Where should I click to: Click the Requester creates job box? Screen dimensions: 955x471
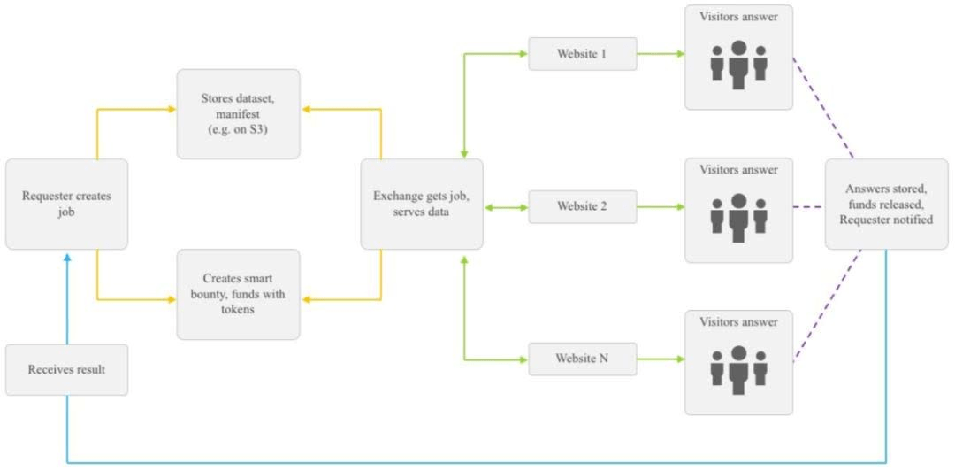coord(67,204)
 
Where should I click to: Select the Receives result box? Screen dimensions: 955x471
coord(67,370)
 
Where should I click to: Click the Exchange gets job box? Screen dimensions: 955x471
coord(422,204)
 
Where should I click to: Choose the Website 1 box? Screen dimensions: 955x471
coord(582,54)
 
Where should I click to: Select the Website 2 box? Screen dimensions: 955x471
coord(582,207)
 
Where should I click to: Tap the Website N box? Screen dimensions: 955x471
coord(582,359)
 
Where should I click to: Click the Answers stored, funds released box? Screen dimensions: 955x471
coord(886,204)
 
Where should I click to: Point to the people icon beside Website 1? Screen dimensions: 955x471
coord(738,65)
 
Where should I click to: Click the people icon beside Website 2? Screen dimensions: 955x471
coord(738,217)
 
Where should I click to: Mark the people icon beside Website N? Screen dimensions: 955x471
coord(738,370)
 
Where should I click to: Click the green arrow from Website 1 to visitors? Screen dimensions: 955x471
coord(661,54)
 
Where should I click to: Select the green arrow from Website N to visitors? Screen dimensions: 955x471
coord(661,359)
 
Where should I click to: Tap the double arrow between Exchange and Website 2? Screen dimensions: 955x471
coord(506,207)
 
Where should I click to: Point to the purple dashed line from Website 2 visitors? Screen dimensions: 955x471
coord(809,207)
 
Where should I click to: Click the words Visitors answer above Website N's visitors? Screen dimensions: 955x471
coord(738,322)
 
